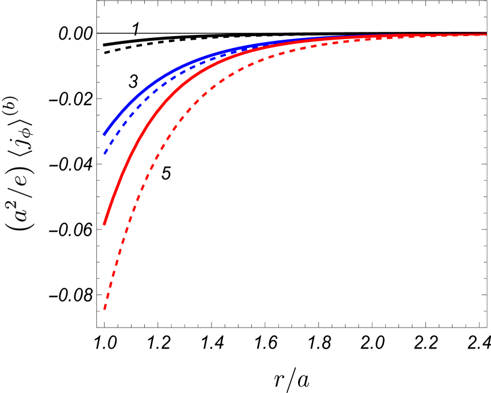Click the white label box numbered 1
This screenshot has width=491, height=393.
coord(136,29)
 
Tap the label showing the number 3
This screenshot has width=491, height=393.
coord(133,81)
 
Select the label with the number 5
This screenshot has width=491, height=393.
coord(166,173)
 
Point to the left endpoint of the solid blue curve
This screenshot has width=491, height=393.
coord(104,135)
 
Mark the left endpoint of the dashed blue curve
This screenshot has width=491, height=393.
coord(105,154)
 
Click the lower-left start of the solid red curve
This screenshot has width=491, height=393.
coord(104,225)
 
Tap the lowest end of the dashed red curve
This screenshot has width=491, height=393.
coord(105,308)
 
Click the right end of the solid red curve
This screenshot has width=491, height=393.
coord(486,34)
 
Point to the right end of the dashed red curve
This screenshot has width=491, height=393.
coord(486,35)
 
